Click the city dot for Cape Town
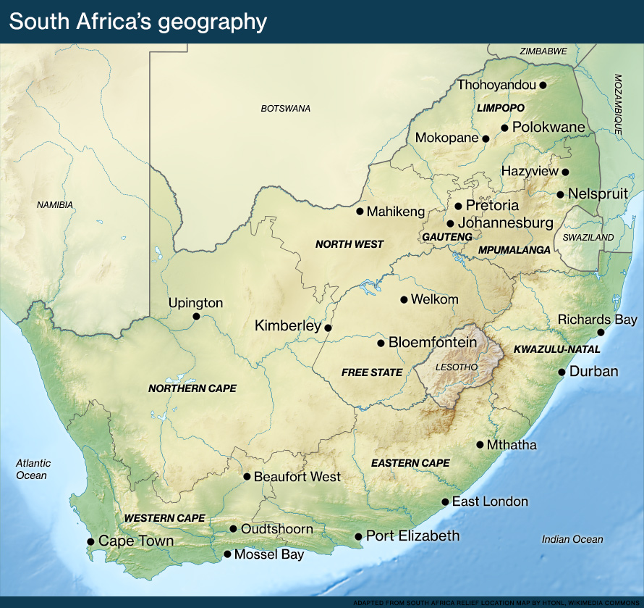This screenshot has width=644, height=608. click(x=90, y=541)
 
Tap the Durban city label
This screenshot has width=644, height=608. click(x=593, y=372)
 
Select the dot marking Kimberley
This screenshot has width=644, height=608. click(x=328, y=328)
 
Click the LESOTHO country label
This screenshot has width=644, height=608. click(x=457, y=367)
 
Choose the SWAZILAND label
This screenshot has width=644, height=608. click(x=584, y=237)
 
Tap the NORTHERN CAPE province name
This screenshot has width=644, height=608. click(x=192, y=388)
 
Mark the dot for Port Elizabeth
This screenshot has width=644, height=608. click(x=357, y=537)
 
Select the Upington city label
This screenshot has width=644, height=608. click(x=195, y=303)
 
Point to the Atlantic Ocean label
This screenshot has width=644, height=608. click(x=33, y=470)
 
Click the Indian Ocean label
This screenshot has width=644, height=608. click(x=572, y=539)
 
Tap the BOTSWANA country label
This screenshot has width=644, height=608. click(x=285, y=109)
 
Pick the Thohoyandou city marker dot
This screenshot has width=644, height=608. click(x=543, y=85)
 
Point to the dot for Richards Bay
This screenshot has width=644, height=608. click(x=600, y=333)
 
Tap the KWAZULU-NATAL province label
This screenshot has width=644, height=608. click(x=556, y=349)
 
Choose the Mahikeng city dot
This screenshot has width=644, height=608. click(x=360, y=212)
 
